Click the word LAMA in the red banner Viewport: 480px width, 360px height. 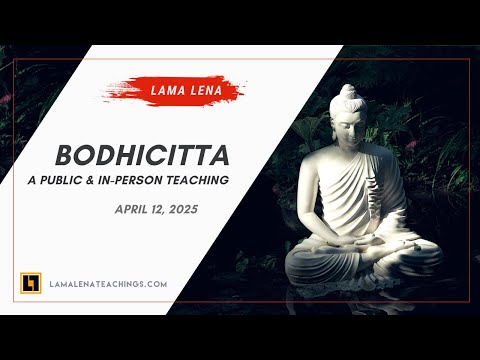coord(164,90)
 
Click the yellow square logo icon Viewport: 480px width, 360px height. coord(30,283)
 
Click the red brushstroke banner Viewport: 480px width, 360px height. coord(172,90)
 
